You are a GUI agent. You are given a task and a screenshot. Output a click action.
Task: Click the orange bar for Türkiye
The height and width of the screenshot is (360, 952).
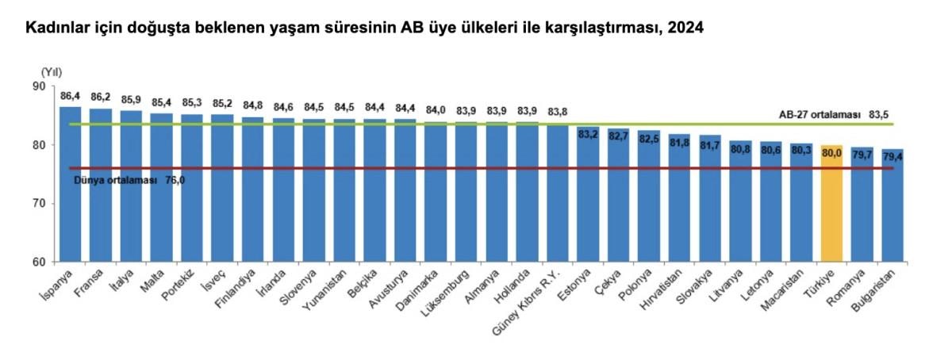point(831,206)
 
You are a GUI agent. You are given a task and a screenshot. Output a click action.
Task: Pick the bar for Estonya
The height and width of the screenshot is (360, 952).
point(588,198)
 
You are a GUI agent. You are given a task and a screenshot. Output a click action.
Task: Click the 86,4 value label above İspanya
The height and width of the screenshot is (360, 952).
point(70,96)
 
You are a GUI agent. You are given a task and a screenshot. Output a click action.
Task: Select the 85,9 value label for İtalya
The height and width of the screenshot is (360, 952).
point(131,101)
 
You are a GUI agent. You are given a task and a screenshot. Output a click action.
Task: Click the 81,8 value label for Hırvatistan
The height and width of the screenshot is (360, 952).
point(679,141)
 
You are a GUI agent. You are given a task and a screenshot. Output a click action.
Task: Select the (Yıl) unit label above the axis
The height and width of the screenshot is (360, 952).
point(52,71)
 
